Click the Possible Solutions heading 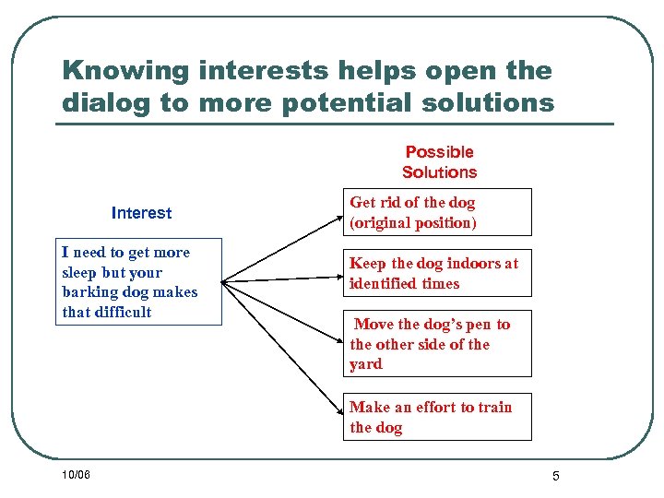[439, 162]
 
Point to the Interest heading [141, 213]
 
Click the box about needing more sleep [139, 282]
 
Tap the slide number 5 [556, 476]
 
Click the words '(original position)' [413, 223]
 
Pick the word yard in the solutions [366, 364]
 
